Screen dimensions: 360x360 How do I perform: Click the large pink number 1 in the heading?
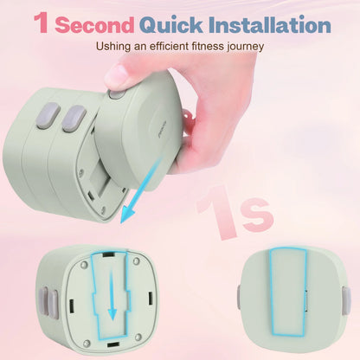tap(42, 22)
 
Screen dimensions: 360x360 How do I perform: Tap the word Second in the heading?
tap(94, 25)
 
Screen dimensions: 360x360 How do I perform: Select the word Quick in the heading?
tap(171, 25)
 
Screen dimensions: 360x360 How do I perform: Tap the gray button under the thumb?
tap(116, 94)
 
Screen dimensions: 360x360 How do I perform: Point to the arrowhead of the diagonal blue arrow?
tap(127, 214)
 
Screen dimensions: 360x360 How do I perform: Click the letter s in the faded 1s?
tap(258, 215)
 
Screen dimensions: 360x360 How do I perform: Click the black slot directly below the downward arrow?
tap(113, 344)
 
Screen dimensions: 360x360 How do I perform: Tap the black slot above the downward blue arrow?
tap(107, 254)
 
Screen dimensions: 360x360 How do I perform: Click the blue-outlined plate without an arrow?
tap(287, 292)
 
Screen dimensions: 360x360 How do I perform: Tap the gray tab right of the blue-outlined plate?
tap(347, 301)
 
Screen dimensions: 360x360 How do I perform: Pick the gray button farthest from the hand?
tap(48, 115)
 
